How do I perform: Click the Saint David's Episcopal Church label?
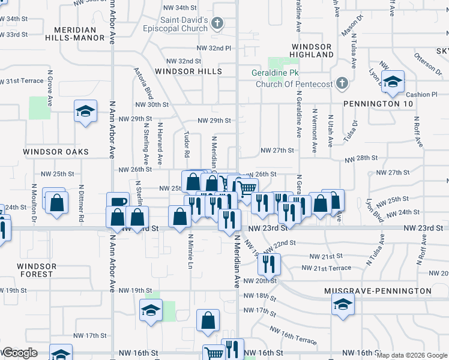[x=175, y=24]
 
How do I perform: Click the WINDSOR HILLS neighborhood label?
[x=188, y=71]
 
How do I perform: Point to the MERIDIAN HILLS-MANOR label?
[x=75, y=33]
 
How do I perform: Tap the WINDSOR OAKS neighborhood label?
[x=56, y=152]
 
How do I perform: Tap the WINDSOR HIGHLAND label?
[x=312, y=50]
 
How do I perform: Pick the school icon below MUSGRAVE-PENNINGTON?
[x=342, y=305]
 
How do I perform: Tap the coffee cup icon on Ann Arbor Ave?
[x=118, y=203]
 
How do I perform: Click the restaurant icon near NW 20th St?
[x=269, y=262]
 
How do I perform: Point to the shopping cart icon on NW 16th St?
[x=213, y=353]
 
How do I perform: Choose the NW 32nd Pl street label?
[x=213, y=48]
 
